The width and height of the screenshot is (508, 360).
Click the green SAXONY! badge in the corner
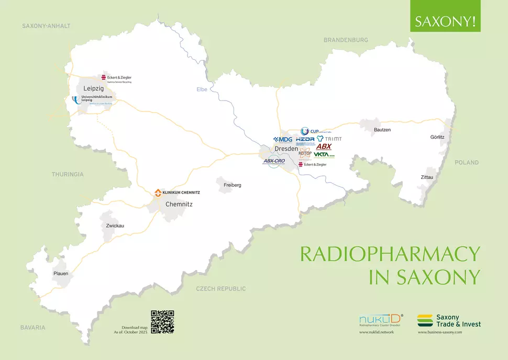[445, 22]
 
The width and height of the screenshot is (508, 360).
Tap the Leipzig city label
[94, 89]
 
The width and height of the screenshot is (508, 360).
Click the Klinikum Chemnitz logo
[177, 193]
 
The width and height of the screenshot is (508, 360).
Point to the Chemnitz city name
[179, 204]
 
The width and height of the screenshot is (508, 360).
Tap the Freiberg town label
[233, 185]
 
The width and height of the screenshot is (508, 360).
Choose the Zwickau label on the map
[115, 226]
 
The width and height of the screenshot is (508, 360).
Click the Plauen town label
[60, 273]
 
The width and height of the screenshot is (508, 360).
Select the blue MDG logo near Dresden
[283, 139]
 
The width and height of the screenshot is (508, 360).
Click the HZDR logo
[305, 140]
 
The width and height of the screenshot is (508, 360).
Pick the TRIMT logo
[329, 139]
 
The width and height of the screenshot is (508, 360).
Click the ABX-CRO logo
[274, 161]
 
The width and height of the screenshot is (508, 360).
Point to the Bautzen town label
[382, 129]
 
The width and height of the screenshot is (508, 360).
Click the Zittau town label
[427, 177]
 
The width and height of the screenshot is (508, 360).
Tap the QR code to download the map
[162, 322]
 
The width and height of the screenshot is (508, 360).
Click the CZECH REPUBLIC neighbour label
[220, 289]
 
